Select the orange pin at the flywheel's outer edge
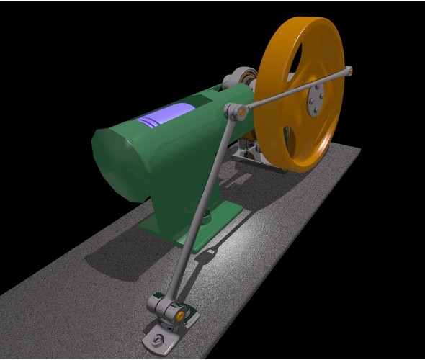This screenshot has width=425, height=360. pos(349,71)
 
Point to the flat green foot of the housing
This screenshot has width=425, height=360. pos(216,220)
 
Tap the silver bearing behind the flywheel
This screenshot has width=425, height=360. pos(242,79)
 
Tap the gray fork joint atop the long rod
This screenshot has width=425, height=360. pos(233,112)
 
